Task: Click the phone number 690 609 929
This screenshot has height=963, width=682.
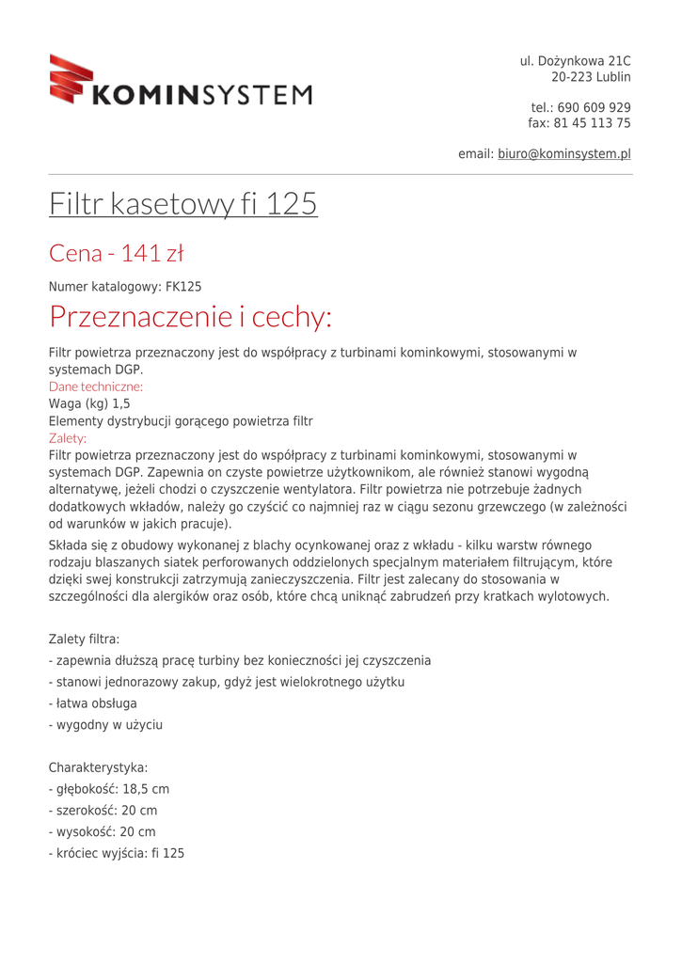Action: click(x=593, y=107)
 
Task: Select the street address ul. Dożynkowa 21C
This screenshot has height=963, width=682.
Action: click(x=575, y=61)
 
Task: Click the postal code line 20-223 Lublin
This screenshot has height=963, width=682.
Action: click(x=590, y=77)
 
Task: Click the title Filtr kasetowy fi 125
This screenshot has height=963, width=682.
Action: click(x=182, y=203)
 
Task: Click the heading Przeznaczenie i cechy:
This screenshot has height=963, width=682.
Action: click(x=190, y=318)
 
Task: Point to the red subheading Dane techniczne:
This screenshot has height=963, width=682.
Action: click(x=96, y=386)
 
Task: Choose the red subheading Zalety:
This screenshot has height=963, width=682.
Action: click(x=68, y=437)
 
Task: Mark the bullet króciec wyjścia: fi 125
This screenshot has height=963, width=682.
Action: click(x=117, y=854)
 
